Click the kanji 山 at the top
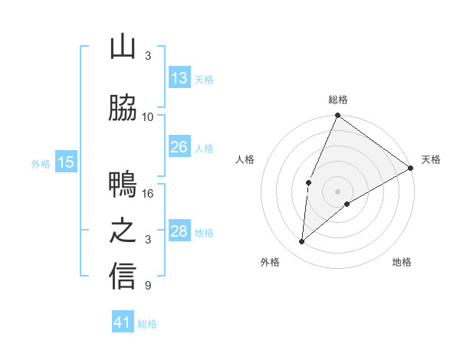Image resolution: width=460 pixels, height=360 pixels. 123,47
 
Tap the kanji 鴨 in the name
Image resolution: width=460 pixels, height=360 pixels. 123,185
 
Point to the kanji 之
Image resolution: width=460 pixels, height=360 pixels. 123,231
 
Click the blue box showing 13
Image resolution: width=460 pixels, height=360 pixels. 179,78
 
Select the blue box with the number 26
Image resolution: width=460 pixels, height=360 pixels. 179,147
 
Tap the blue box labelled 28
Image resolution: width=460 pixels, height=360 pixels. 179,231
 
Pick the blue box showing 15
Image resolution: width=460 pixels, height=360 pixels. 66,162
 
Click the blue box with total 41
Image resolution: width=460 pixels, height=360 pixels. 123,322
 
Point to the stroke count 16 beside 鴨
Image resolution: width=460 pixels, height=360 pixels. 148,194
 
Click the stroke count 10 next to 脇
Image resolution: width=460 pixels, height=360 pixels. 148,117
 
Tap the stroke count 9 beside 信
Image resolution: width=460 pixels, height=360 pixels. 148,286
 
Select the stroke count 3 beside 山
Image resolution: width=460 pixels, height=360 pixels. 148,56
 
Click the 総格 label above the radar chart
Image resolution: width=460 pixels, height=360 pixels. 337,100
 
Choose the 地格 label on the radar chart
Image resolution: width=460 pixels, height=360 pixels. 402,262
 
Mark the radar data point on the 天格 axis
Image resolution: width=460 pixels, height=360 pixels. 411,168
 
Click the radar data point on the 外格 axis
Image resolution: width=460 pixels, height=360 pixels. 301,242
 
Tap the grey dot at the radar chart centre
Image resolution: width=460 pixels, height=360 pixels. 337,191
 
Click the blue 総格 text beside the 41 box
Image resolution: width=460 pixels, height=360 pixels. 147,324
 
